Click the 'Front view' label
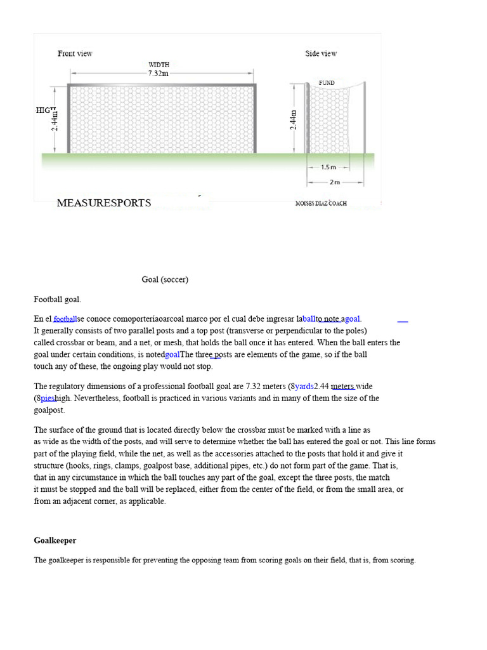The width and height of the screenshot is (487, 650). tap(75, 53)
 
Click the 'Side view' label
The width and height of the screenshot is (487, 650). tap(321, 53)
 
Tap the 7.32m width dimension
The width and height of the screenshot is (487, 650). tap(159, 74)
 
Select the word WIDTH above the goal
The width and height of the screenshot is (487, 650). tap(159, 64)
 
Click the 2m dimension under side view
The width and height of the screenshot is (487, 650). tap(335, 182)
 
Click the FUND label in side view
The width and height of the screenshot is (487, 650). tap(327, 83)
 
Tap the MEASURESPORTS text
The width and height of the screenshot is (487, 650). tap(104, 203)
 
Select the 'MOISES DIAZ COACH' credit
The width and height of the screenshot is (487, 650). tap(321, 204)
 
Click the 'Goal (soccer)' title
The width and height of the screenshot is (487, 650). tap(165, 279)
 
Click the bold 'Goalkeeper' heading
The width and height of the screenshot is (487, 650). tap(55, 540)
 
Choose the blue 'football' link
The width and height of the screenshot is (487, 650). tap(65, 319)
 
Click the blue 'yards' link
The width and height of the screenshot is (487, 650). tap(304, 387)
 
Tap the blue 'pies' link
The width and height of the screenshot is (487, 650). tap(48, 398)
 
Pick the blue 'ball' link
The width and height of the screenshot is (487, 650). tap(309, 319)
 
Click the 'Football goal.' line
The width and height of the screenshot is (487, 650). tap(58, 299)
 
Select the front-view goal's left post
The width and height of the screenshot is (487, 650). tap(68, 119)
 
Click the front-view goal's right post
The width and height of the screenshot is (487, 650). tap(256, 119)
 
